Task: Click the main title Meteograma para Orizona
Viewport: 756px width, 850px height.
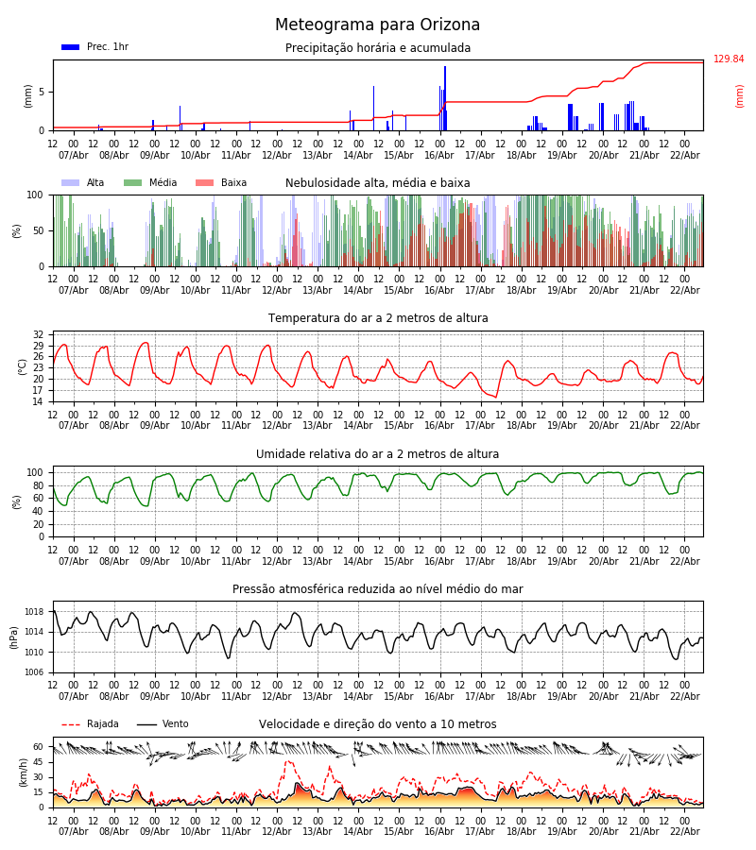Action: click(x=377, y=25)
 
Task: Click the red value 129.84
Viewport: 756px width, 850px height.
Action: click(x=729, y=59)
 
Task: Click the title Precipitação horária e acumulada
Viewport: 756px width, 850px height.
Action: click(x=378, y=48)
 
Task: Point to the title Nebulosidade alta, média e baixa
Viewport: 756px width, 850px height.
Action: click(x=378, y=183)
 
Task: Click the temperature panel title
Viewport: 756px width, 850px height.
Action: click(x=378, y=318)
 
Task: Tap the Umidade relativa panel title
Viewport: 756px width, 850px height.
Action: click(x=378, y=454)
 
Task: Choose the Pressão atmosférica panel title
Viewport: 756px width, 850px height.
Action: click(x=378, y=589)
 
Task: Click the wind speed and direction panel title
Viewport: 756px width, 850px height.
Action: click(x=378, y=724)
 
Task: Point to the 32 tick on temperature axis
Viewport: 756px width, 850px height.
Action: click(x=39, y=335)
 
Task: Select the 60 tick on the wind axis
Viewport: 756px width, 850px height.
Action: click(x=39, y=746)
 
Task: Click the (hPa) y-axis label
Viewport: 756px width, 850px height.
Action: click(x=15, y=637)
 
